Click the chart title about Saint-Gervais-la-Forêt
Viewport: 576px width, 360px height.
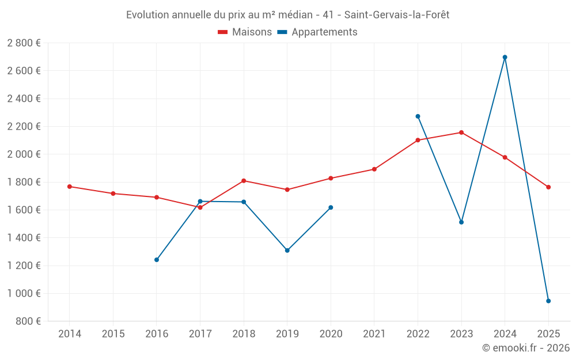click(x=287, y=15)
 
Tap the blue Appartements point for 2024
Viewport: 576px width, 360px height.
click(x=505, y=57)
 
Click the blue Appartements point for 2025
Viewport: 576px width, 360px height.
click(x=548, y=301)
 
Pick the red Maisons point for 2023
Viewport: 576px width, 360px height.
click(x=461, y=132)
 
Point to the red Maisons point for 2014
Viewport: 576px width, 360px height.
click(x=70, y=187)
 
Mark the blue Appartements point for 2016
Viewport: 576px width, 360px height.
click(x=157, y=260)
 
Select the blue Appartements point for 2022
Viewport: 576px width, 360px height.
click(x=418, y=116)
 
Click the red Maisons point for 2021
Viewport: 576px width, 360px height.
click(x=374, y=169)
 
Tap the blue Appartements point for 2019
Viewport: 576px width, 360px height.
click(x=287, y=251)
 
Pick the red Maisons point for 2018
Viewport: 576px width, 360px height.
click(x=244, y=181)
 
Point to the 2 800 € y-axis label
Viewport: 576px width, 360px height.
click(x=24, y=43)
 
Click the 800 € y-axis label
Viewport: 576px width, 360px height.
click(x=28, y=321)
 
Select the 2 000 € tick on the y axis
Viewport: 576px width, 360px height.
click(x=24, y=154)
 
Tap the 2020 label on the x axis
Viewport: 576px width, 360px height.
click(x=331, y=334)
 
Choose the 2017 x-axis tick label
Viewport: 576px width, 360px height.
click(x=200, y=334)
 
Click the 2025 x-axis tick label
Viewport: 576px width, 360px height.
click(x=548, y=334)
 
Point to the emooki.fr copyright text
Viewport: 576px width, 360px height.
click(x=525, y=348)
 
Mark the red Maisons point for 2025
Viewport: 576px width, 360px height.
click(x=548, y=187)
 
